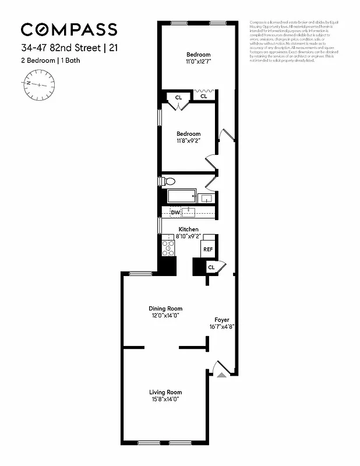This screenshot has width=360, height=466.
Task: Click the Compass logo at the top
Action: [x=69, y=29]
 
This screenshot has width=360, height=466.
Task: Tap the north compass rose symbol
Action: [x=39, y=83]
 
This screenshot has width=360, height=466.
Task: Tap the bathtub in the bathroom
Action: [x=182, y=197]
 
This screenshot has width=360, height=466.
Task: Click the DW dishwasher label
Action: [x=175, y=212]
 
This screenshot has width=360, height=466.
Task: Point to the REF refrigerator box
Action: [x=208, y=249]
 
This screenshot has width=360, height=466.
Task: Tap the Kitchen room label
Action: [x=189, y=229]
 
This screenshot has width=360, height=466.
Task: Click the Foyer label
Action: [x=221, y=320]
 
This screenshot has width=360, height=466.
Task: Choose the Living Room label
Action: [x=165, y=392]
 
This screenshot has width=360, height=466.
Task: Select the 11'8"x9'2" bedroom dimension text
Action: [x=189, y=140]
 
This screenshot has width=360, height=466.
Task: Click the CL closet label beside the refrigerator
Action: [x=211, y=267]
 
